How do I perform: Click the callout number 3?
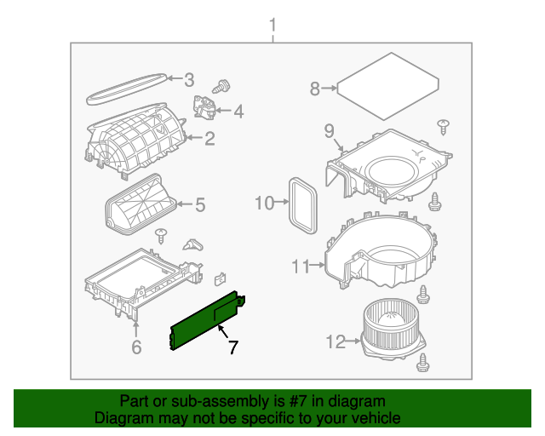coord(189,80)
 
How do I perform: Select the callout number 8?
coord(314,88)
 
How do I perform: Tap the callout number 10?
coord(265,203)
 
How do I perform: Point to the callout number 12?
coord(335,342)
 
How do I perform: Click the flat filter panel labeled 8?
coord(387,85)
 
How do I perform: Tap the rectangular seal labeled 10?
coord(301,204)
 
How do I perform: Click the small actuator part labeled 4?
coord(206,109)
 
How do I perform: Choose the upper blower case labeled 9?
coord(388,166)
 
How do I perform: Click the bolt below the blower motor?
coord(422,362)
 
